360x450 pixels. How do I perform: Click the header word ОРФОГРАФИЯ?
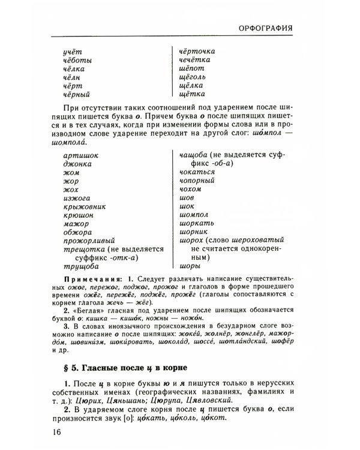265,28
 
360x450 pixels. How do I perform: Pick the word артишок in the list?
80,155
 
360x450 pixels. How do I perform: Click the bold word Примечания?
86,280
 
